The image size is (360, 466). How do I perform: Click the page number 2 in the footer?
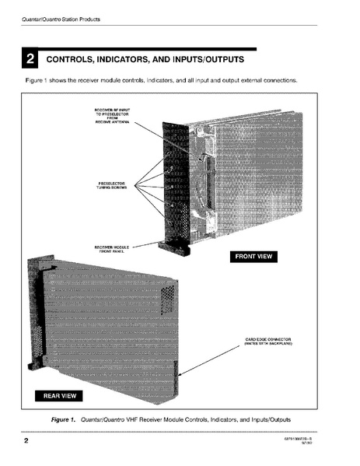[26, 443]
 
